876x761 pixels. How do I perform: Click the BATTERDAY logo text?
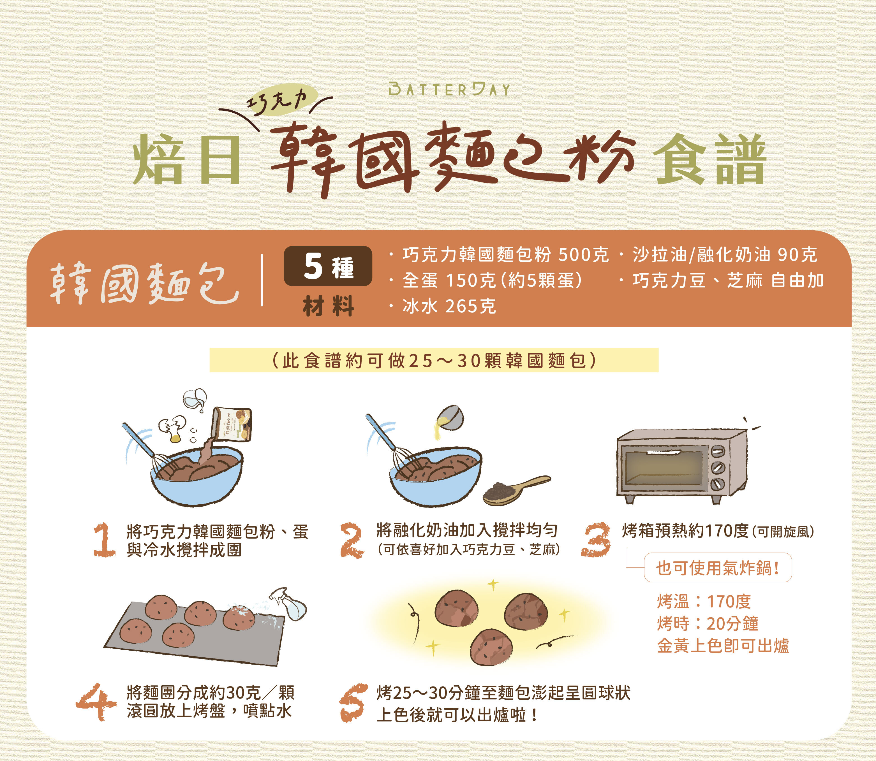(449, 90)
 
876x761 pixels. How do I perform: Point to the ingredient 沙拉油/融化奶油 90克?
(724, 255)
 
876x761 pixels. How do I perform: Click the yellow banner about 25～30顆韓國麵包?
(434, 360)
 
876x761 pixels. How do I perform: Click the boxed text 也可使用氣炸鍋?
(718, 568)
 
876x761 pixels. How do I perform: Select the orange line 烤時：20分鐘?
(707, 623)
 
